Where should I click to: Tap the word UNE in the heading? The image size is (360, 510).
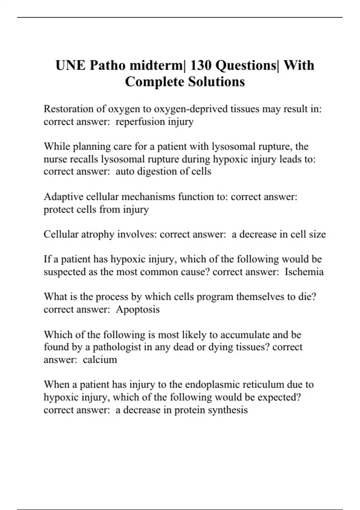pos(70,65)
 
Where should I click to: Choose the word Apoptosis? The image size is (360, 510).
pos(138,309)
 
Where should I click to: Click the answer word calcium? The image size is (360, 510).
pos(100,360)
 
